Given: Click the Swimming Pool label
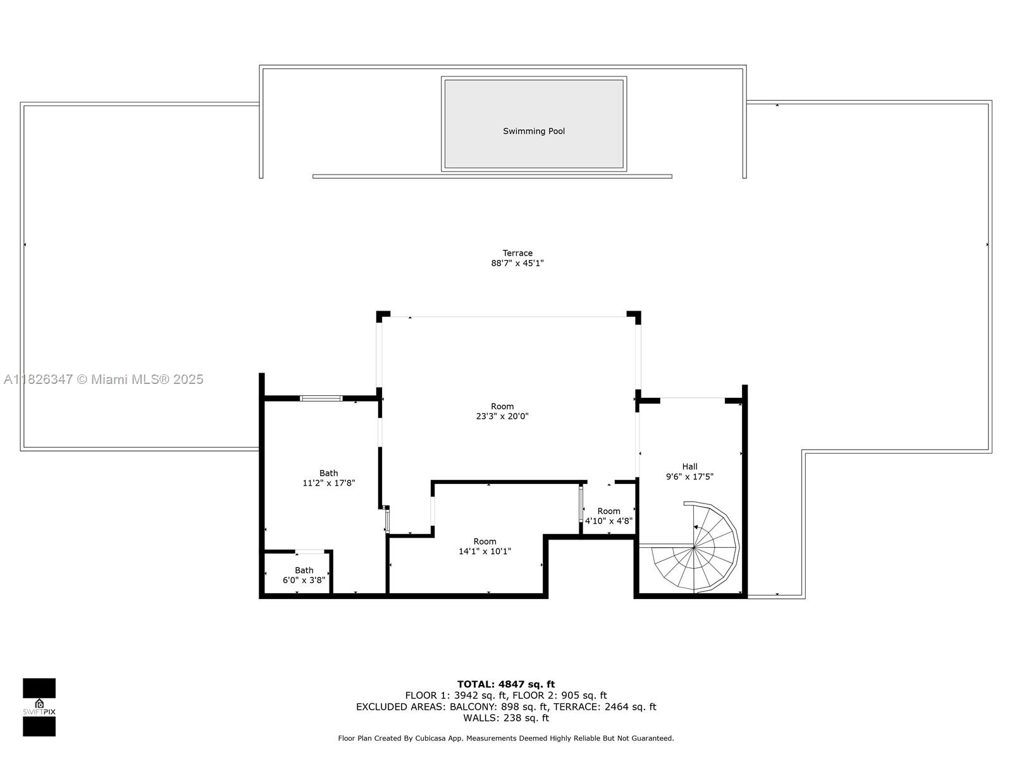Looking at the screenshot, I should (x=534, y=131).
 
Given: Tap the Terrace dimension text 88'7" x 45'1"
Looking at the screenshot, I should (x=517, y=263).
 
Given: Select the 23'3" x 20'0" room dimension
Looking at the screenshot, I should (x=502, y=416).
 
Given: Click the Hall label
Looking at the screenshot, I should (x=689, y=467).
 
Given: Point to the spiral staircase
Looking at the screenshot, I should (x=696, y=546).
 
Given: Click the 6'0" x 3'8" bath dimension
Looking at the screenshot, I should (x=304, y=580).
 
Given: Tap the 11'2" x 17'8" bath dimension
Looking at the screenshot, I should (x=329, y=483).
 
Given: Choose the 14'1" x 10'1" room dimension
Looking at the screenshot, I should (x=484, y=552).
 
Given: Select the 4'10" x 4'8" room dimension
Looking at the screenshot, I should (x=608, y=521).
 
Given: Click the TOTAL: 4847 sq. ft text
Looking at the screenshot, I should (x=506, y=684).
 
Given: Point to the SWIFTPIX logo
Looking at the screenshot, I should (x=39, y=707).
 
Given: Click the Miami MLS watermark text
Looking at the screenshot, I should (x=104, y=379).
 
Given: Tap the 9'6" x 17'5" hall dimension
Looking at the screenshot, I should (x=689, y=477).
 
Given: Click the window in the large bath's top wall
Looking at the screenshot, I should (x=321, y=398).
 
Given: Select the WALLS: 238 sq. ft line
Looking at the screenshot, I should (x=506, y=718).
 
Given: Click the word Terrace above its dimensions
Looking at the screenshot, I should (x=517, y=253).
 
